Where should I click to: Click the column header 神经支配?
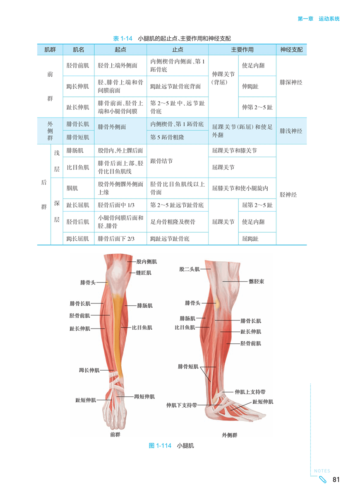291,50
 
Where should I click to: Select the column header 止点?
177,50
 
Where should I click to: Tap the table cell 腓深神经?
291,82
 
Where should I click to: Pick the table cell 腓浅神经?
291,131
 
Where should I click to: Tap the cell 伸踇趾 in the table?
250,87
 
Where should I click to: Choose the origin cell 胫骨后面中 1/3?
116,205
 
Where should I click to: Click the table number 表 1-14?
122,39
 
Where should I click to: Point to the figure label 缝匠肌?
144,273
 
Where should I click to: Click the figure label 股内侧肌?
147,262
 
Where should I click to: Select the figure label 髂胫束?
257,282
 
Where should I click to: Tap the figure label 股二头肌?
190,269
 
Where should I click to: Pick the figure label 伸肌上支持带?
250,391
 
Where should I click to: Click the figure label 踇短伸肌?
144,396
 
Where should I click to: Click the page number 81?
336,480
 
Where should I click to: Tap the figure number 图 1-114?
160,446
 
